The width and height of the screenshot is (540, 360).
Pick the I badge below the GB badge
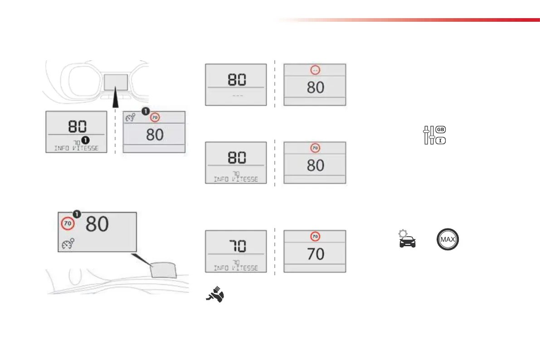tap(440, 141)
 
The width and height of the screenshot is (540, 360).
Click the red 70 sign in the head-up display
tap(68, 224)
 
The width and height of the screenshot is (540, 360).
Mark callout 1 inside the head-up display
tap(77, 214)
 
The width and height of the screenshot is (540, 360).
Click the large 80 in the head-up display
tap(97, 224)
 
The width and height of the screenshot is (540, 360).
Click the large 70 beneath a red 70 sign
tap(316, 254)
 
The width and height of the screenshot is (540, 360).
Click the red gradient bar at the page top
tap(408, 20)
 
